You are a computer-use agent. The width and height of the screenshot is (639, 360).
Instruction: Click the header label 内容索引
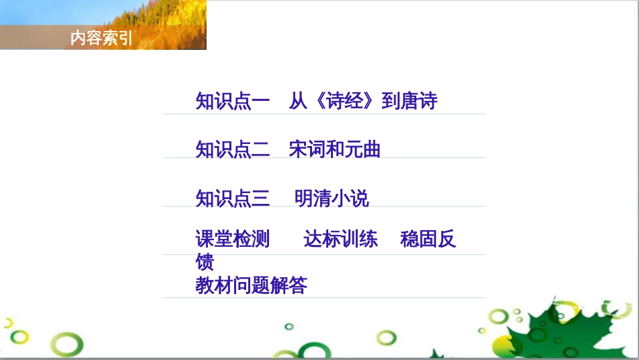[101, 39]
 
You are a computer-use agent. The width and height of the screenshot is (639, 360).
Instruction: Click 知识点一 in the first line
[233, 101]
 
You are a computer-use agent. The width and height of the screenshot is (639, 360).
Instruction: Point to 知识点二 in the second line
[233, 149]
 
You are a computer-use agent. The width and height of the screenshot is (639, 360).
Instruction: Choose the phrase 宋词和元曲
[334, 149]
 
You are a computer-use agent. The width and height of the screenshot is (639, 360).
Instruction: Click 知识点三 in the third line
[233, 199]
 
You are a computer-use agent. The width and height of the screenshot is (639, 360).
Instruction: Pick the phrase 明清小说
[332, 199]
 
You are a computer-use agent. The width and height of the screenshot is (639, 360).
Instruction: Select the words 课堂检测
[233, 239]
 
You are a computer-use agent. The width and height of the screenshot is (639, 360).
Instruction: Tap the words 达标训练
[340, 239]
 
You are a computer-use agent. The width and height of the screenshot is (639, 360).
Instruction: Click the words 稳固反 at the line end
[428, 239]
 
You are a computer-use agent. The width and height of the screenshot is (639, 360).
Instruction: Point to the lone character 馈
[204, 261]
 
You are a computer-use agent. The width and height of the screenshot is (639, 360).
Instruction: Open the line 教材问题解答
[251, 285]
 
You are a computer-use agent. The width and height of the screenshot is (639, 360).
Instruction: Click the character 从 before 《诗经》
[298, 101]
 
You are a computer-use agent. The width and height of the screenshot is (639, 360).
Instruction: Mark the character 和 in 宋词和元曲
[334, 149]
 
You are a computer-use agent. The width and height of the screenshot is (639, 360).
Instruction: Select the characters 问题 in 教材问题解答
[251, 285]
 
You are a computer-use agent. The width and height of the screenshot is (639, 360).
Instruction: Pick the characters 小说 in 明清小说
[350, 199]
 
